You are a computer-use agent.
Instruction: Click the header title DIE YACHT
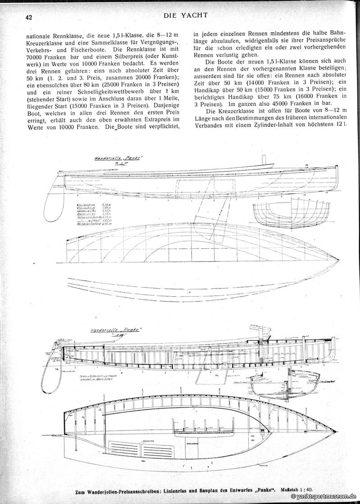pyautogui.click(x=186, y=15)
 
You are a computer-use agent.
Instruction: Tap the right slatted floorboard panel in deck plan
pyautogui.click(x=161, y=449)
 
